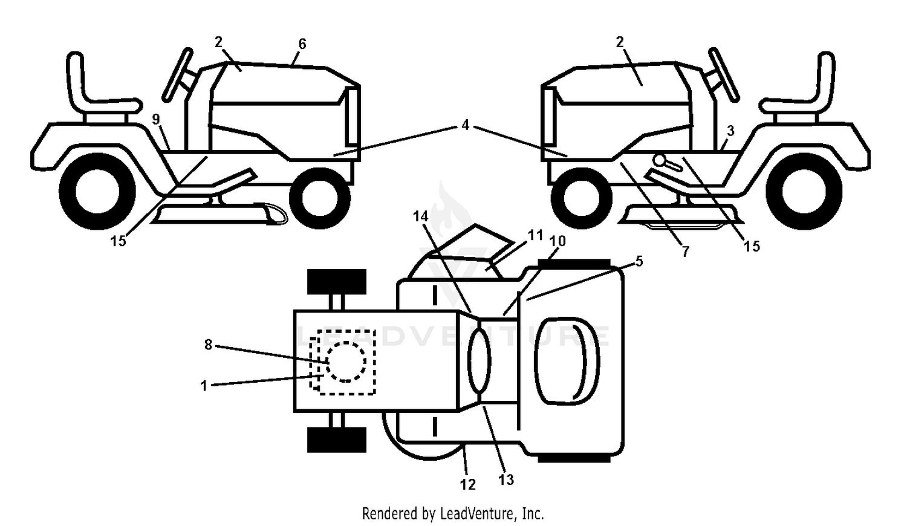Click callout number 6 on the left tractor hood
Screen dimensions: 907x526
click(x=302, y=44)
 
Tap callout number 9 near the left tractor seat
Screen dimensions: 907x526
click(x=156, y=119)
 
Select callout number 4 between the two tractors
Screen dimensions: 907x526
click(x=465, y=125)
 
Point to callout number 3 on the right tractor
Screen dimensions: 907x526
click(x=730, y=131)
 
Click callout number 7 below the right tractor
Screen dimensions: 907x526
click(x=685, y=252)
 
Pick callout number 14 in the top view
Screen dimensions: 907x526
click(x=421, y=216)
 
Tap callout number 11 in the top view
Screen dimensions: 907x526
click(x=535, y=235)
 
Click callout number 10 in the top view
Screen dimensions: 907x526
click(x=558, y=241)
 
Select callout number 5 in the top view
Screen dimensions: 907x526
click(x=639, y=261)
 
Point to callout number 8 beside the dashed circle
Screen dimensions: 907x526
click(x=208, y=345)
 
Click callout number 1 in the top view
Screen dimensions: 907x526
click(x=204, y=386)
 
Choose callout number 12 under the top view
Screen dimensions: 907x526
click(x=468, y=484)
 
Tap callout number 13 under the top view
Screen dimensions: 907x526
click(x=506, y=479)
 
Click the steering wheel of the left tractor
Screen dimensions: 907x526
click(x=177, y=75)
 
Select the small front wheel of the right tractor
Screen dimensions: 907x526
click(x=582, y=198)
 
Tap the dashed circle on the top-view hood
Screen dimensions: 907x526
click(x=346, y=362)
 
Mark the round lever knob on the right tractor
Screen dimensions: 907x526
click(x=662, y=160)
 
